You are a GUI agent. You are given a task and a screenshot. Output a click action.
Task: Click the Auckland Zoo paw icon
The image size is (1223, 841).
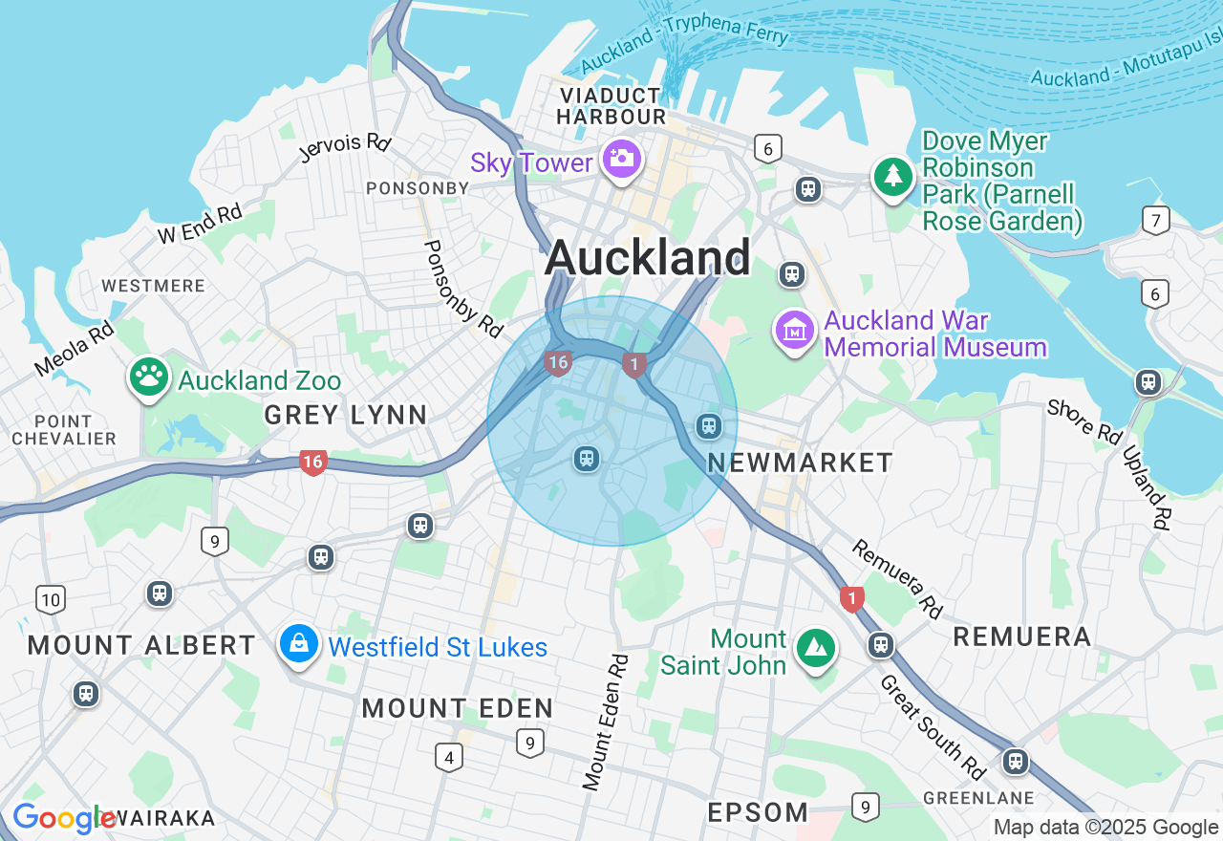pyautogui.click(x=148, y=377)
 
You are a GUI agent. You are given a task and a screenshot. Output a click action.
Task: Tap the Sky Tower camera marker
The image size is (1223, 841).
pyautogui.click(x=622, y=158)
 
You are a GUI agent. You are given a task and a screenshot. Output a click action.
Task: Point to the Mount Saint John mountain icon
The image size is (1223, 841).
pyautogui.click(x=815, y=649)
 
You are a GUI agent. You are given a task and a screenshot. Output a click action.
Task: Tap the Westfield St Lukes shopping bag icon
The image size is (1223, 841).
pyautogui.click(x=299, y=644)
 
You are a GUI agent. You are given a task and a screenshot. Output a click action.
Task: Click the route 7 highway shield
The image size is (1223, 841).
pyautogui.click(x=1155, y=221)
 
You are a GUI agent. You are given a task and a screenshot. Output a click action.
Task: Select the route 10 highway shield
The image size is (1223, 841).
pyautogui.click(x=51, y=600)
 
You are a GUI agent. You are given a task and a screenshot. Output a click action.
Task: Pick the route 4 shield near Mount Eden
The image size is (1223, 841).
pyautogui.click(x=448, y=758)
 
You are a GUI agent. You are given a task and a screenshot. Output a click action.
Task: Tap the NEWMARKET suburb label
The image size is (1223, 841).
pyautogui.click(x=801, y=463)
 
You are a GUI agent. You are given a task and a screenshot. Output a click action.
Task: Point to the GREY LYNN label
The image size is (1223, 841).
pyautogui.click(x=346, y=415)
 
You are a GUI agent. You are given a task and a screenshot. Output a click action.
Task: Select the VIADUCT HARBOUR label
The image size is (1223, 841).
pyautogui.click(x=611, y=106)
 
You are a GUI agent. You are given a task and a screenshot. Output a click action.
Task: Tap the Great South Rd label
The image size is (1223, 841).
pyautogui.click(x=932, y=725)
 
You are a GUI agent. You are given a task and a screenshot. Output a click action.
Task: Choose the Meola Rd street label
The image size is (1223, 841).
pyautogui.click(x=74, y=348)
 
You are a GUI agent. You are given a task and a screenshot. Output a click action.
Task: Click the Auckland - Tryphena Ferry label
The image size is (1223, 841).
pyautogui.click(x=684, y=48)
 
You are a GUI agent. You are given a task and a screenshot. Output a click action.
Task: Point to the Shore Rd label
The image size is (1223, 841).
pyautogui.click(x=1084, y=421)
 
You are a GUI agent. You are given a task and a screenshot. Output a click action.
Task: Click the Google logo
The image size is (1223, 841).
pyautogui.click(x=64, y=819)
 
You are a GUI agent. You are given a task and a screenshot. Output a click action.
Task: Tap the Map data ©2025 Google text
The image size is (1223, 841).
pyautogui.click(x=1105, y=828)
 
